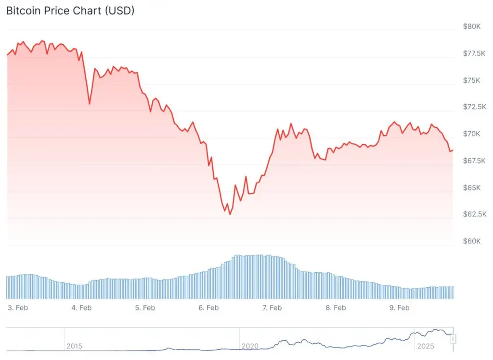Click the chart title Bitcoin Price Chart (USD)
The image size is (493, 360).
(70, 11)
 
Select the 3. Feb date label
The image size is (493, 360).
(18, 307)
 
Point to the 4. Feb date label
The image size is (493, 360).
(82, 307)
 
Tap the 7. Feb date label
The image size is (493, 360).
(272, 307)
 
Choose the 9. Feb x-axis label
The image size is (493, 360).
(400, 307)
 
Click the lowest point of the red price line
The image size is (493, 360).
(230, 214)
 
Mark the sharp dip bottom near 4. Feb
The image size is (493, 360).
(90, 104)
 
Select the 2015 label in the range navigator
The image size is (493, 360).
(74, 346)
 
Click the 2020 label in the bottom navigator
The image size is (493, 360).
(250, 346)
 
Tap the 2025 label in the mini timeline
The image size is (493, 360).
(426, 346)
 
